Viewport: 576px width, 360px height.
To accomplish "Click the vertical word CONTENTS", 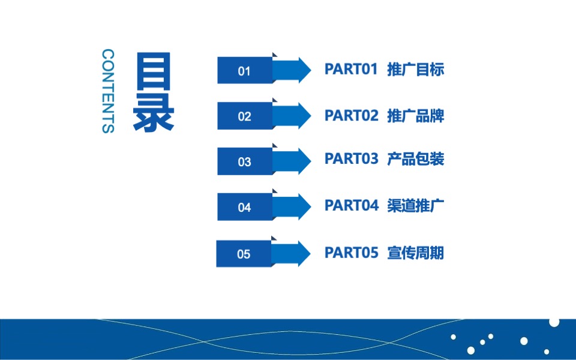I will [x=108, y=91].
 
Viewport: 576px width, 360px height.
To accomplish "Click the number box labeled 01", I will [x=244, y=71].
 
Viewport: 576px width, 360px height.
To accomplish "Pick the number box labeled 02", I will [x=244, y=116].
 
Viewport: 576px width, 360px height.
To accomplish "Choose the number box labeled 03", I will [x=244, y=162].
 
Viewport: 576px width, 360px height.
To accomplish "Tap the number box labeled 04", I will [x=244, y=208].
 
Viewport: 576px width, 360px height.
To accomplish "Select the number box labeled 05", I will [x=244, y=254].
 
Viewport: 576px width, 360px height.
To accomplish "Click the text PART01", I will [x=351, y=69].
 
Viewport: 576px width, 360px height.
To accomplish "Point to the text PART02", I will [x=351, y=115].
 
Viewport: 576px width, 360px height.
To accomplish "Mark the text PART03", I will [x=351, y=159].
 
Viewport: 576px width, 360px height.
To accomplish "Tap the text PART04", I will [x=351, y=205].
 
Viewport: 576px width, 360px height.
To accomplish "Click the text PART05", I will [x=351, y=253].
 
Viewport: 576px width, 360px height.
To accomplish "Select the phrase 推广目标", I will [x=416, y=69].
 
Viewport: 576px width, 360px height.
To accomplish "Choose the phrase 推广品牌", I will [x=416, y=115].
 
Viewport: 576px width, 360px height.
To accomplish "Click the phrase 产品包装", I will [x=416, y=159].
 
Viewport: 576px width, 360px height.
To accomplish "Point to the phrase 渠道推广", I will [x=416, y=205].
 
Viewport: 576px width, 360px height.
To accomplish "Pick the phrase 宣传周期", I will [x=416, y=253].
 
